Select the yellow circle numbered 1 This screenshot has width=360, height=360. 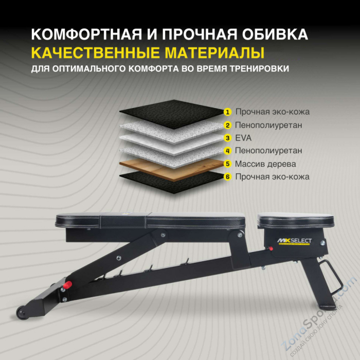click(x=227, y=112)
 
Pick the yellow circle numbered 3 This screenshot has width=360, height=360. click(x=227, y=138)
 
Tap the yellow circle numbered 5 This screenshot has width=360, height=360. click(x=227, y=164)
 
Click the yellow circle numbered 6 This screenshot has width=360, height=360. click(x=227, y=177)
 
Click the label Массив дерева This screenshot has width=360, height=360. click(x=265, y=164)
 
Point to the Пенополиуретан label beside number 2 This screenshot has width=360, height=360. click(x=268, y=125)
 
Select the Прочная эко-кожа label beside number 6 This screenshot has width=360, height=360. click(x=272, y=177)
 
